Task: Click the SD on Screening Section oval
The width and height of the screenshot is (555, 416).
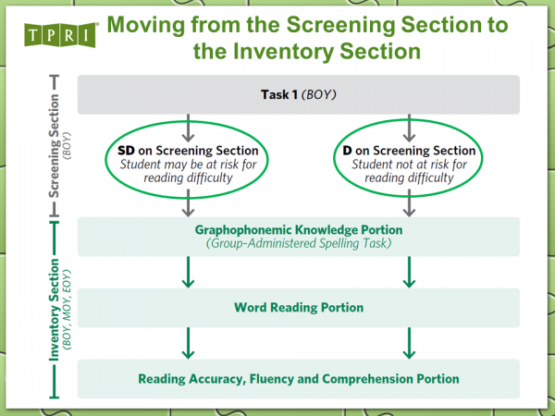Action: pyautogui.click(x=189, y=164)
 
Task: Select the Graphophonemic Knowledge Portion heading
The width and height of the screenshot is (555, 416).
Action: pyautogui.click(x=299, y=229)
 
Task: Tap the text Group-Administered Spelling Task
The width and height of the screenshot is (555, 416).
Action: pyautogui.click(x=299, y=244)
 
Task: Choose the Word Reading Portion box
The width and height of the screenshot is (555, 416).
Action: pyautogui.click(x=299, y=307)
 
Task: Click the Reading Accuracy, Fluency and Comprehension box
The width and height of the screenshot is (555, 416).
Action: pyautogui.click(x=299, y=378)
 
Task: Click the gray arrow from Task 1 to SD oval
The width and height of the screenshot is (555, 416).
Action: pyautogui.click(x=189, y=125)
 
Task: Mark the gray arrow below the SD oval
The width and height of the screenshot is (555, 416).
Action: pyautogui.click(x=189, y=203)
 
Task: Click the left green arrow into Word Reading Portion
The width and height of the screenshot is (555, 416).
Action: pyautogui.click(x=189, y=273)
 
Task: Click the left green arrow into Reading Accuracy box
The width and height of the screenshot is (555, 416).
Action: pyautogui.click(x=189, y=342)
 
